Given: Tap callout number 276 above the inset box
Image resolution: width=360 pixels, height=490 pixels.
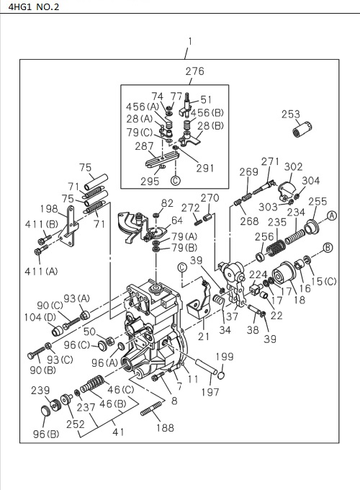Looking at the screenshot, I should (194, 71).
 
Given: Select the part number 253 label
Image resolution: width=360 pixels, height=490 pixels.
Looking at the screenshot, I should (290, 115).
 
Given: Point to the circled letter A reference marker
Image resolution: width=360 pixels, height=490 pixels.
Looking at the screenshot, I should (332, 215).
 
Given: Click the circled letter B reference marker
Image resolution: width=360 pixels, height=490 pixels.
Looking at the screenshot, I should (328, 248).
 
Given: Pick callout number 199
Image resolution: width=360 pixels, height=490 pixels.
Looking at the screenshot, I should (225, 357).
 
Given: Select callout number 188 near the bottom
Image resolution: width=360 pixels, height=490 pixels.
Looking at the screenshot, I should (165, 427).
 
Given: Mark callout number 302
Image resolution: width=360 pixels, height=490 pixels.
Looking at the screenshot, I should (293, 166).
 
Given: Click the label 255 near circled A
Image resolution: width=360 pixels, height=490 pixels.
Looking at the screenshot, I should (318, 202).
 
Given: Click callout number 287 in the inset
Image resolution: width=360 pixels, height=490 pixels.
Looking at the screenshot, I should (145, 146).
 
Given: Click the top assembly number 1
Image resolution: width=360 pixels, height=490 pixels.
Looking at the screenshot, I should (189, 41).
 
